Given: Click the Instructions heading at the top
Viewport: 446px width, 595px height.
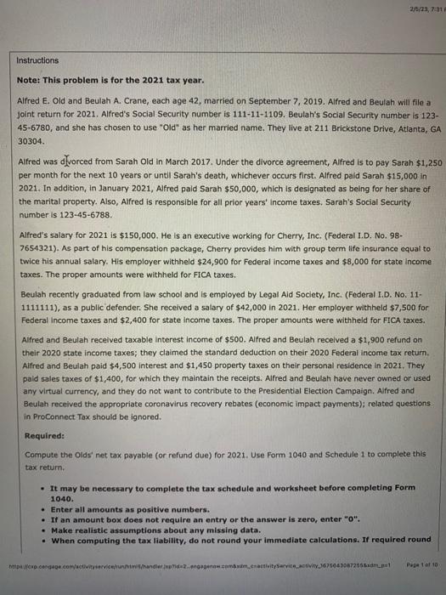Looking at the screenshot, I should (x=40, y=60).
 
